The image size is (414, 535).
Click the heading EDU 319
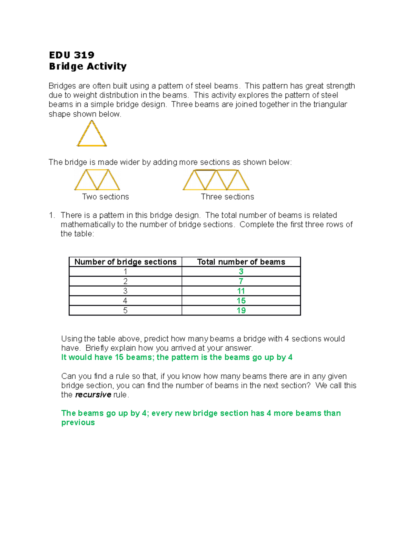[71, 55]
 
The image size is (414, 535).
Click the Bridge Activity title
[88, 66]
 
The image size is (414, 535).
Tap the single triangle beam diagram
[92, 134]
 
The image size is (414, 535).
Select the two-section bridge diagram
[97, 179]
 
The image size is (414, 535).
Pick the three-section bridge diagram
[216, 179]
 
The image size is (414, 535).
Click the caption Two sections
[105, 197]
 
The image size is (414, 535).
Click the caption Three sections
[227, 197]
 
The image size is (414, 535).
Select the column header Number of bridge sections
[125, 262]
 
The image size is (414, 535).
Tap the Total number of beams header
[241, 262]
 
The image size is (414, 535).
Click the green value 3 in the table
[241, 271]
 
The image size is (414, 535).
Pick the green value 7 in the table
[241, 281]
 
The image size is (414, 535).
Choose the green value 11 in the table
[241, 291]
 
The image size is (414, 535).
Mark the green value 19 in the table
[241, 310]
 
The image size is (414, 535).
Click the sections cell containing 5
[125, 310]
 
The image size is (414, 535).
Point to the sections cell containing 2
[125, 281]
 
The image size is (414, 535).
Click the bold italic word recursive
[93, 395]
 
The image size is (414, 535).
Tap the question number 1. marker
[52, 215]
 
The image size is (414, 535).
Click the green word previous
[78, 422]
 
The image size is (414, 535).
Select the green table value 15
[241, 301]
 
